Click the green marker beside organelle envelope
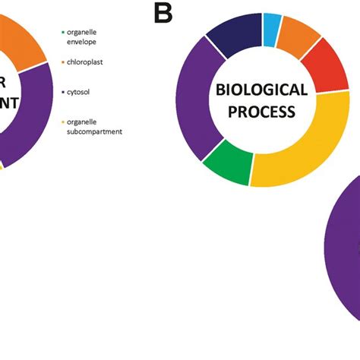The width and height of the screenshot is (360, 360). pos(64,32)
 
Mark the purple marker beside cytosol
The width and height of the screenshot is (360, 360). pos(64,91)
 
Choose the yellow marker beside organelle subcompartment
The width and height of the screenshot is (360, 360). pos(64,122)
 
